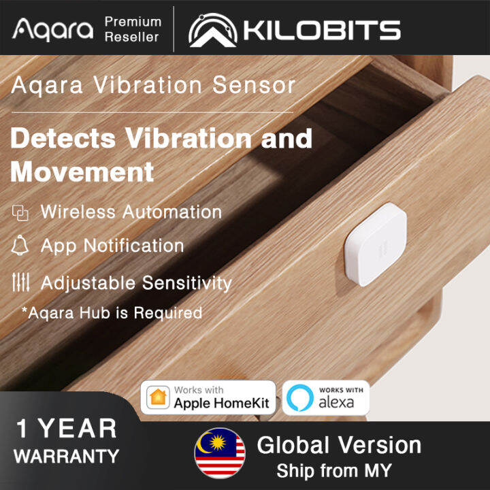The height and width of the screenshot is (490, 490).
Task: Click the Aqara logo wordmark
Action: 52,29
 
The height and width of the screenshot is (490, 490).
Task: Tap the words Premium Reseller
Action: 133,29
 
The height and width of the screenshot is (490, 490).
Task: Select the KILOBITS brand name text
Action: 320,31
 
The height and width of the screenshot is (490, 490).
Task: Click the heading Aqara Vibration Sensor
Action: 153,85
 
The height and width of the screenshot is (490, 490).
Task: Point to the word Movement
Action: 82,171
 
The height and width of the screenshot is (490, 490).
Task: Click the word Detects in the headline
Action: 63,138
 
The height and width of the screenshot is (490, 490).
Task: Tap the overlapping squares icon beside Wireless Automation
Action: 21,213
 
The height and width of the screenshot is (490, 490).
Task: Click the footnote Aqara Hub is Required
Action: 112,313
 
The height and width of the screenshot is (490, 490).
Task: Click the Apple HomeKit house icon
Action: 158,397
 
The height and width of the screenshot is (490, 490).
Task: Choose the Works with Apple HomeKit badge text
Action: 221,397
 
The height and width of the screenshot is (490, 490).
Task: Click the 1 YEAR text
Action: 67,429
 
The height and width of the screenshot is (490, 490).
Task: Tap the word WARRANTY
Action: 66,456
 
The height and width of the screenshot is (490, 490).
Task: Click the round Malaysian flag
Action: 219,453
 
